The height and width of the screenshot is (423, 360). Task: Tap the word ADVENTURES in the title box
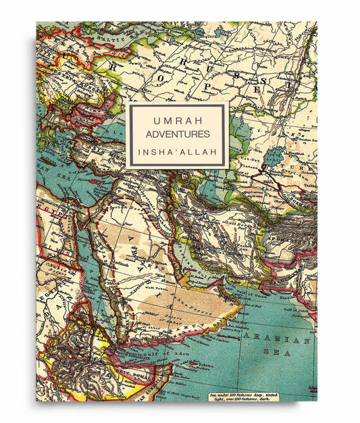click(x=177, y=135)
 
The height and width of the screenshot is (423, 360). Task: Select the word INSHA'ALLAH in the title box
click(x=177, y=152)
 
